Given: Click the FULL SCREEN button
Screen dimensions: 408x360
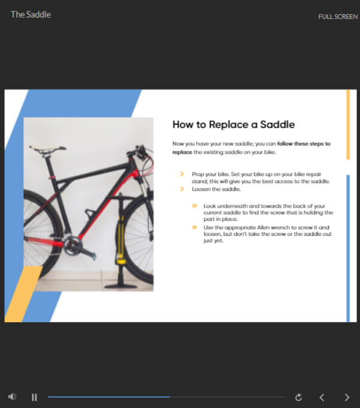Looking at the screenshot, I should point(338,17).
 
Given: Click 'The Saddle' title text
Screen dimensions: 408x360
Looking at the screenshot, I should point(31,14).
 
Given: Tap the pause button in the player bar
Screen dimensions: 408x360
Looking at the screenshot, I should point(34,397).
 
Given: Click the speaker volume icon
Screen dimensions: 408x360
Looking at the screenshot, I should point(13,397).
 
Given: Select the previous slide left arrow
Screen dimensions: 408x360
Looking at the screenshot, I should point(322,397).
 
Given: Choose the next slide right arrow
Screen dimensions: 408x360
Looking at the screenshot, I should point(347,397).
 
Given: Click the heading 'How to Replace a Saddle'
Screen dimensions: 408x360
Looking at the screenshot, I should point(233,125).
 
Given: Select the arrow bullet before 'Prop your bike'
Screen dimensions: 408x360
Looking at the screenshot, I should point(182,173).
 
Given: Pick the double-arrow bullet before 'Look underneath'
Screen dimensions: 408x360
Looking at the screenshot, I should point(194,206).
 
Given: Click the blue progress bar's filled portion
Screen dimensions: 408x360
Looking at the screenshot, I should point(108,397).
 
